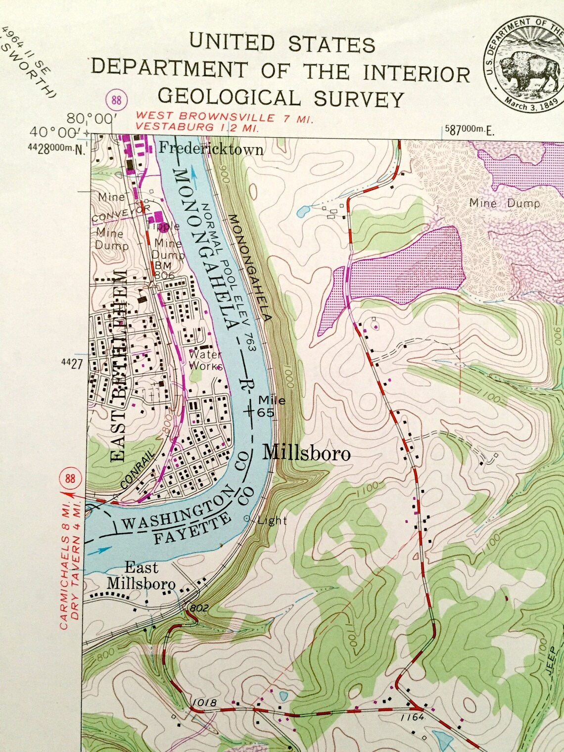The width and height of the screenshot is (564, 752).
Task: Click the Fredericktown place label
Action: [x=211, y=148]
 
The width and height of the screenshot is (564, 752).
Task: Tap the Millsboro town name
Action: [x=306, y=453]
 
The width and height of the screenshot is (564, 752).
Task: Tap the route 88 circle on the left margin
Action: [x=70, y=478]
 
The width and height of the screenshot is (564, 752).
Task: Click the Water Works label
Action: [x=206, y=360]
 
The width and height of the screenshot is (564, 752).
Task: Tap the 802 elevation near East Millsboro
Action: [x=199, y=608]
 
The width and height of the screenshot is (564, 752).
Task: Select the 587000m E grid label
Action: [x=469, y=130]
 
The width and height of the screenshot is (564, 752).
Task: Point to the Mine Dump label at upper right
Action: [x=504, y=203]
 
